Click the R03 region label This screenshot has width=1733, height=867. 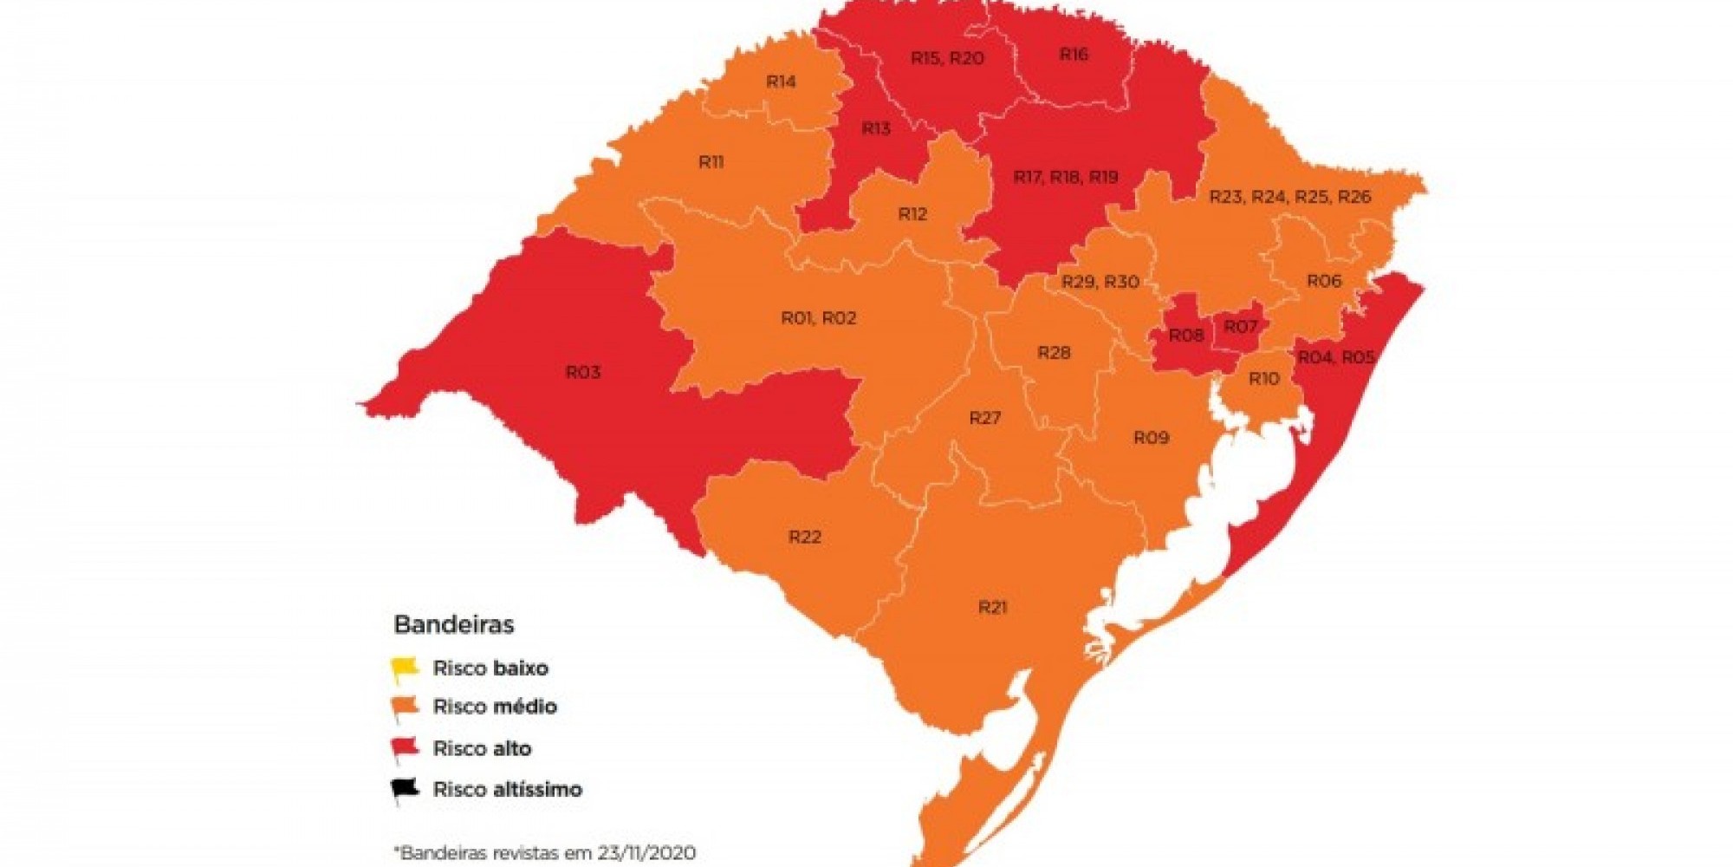pyautogui.click(x=583, y=372)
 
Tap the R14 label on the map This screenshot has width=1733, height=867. pyautogui.click(x=781, y=81)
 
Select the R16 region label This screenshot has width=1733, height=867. pyautogui.click(x=1074, y=55)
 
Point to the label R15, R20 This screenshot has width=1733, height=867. pyautogui.click(x=947, y=58)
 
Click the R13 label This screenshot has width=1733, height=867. pyautogui.click(x=876, y=129)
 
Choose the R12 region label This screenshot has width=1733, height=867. pyautogui.click(x=912, y=214)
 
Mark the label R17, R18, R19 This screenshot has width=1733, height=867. pyautogui.click(x=1066, y=177)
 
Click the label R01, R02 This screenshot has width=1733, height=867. pyautogui.click(x=818, y=318)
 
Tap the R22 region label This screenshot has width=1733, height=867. pyautogui.click(x=804, y=538)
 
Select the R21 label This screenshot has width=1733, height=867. pyautogui.click(x=993, y=607)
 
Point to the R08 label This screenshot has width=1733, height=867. pyautogui.click(x=1186, y=336)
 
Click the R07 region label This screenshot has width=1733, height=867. pyautogui.click(x=1240, y=327)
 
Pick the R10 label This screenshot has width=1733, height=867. pyautogui.click(x=1263, y=379)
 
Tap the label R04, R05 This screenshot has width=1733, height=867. pyautogui.click(x=1336, y=357)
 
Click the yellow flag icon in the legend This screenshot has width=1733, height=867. pyautogui.click(x=404, y=668)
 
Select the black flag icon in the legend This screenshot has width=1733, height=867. pyautogui.click(x=404, y=789)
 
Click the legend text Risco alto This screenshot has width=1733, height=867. pyautogui.click(x=482, y=748)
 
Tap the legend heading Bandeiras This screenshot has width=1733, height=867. pyautogui.click(x=453, y=624)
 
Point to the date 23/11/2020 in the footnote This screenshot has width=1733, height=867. pyautogui.click(x=646, y=852)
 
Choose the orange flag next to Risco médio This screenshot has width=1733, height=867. pyautogui.click(x=404, y=707)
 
